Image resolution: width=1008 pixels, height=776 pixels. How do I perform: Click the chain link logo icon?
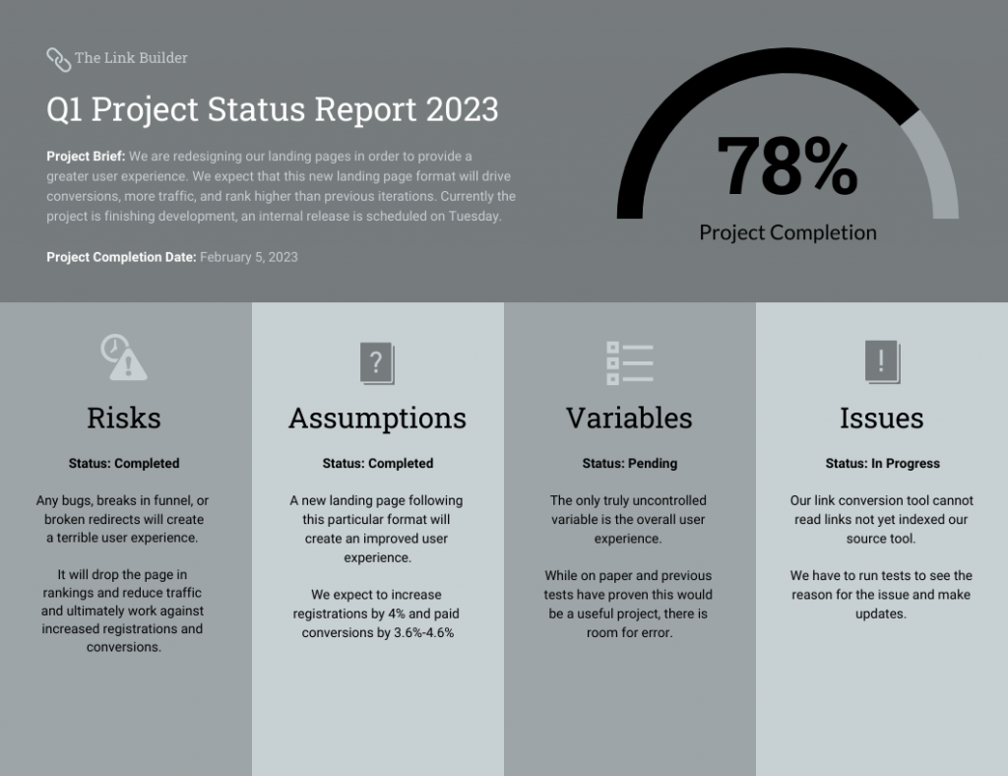pos(58,59)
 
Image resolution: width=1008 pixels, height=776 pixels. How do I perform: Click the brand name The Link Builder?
pos(131,58)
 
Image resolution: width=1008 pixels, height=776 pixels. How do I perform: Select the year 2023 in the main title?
pos(463,109)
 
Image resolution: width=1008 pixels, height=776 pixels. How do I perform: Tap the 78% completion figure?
pos(787,166)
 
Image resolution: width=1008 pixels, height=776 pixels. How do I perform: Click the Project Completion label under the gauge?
pos(787,232)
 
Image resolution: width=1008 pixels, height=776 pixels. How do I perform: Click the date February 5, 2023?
pos(248,257)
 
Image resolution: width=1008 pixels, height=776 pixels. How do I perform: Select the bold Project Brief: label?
pos(86,157)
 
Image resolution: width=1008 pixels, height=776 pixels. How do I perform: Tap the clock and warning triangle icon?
pos(124,357)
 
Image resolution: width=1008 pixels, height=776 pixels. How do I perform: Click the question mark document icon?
pos(377,363)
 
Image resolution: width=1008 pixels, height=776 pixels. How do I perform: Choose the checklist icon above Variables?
pos(630,362)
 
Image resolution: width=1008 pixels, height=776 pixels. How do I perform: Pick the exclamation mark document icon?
pos(882,362)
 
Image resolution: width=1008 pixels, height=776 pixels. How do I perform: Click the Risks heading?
pos(124,418)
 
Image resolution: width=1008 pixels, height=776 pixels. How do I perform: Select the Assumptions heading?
pos(377,418)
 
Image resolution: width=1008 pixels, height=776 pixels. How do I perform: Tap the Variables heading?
pos(629,418)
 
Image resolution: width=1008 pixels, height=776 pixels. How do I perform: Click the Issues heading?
pos(881,418)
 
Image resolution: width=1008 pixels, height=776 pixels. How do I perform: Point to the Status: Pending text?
pos(629,464)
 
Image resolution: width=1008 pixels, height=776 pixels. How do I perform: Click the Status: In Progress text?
pos(882,464)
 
